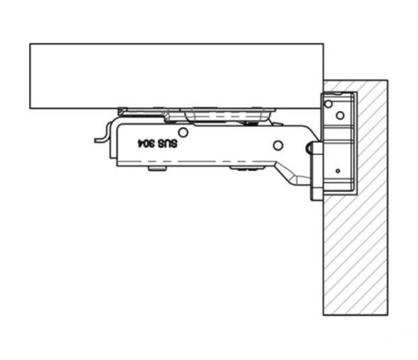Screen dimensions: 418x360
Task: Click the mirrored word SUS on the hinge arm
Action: [x=167, y=144]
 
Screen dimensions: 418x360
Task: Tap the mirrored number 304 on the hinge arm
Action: [x=146, y=144]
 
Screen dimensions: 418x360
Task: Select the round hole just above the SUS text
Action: [x=183, y=132]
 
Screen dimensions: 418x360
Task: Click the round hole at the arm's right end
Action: [x=278, y=145]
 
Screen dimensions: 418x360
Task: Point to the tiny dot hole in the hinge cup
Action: [x=338, y=171]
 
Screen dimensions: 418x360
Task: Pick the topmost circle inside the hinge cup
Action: [x=328, y=104]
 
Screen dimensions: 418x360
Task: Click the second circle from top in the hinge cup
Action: [x=340, y=115]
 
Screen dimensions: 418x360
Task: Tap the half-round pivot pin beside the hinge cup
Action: [x=309, y=148]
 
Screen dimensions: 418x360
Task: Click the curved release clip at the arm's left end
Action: [x=104, y=134]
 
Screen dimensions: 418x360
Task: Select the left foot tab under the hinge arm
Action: [x=157, y=169]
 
